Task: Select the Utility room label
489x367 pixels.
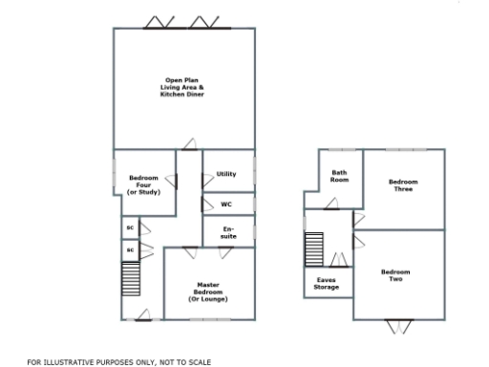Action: [226, 174]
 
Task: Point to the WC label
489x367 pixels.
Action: [226, 205]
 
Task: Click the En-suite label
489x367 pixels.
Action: [228, 231]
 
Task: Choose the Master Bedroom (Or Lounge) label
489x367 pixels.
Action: [208, 290]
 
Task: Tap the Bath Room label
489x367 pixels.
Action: [339, 176]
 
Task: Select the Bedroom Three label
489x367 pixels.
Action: [403, 185]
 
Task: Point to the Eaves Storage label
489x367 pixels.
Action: [327, 283]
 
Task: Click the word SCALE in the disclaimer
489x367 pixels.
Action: [200, 362]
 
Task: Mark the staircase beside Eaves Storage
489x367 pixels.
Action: [314, 250]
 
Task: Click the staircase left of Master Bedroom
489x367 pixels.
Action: [131, 282]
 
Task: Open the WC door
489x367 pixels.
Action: [207, 205]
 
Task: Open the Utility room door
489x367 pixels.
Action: [206, 177]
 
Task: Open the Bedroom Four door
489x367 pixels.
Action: [172, 180]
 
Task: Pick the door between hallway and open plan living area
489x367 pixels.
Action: [188, 145]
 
